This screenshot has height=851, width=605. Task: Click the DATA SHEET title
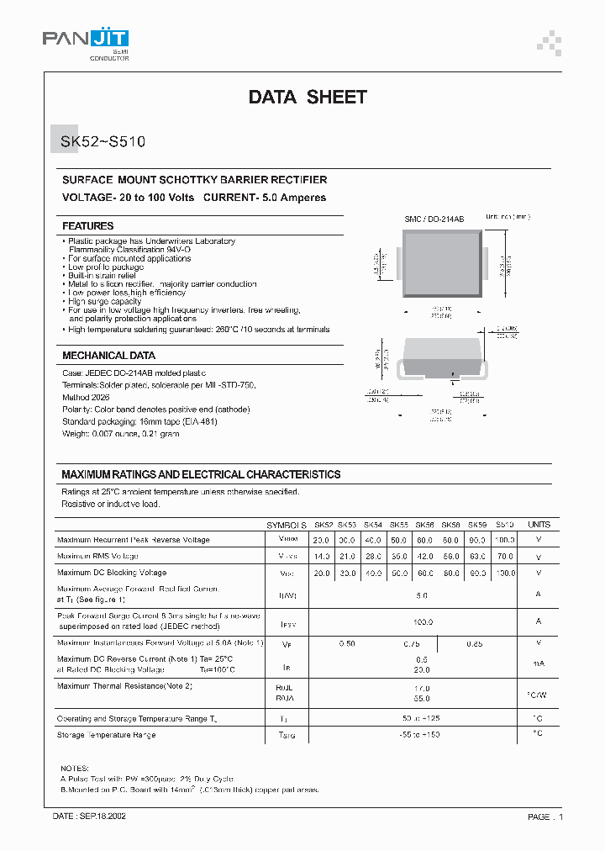[308, 97]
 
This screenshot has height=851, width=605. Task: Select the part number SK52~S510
[103, 142]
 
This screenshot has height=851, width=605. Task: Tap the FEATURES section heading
[87, 226]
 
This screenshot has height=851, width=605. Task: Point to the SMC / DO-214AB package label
[433, 219]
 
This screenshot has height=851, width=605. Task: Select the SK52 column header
[324, 524]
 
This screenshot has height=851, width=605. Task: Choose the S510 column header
[505, 524]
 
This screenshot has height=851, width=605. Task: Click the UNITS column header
[539, 524]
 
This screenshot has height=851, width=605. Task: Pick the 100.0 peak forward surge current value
[422, 621]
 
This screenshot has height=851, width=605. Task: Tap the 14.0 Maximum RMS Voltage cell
[321, 557]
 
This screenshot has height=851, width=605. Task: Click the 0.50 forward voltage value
[346, 643]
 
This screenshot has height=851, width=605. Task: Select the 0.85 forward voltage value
[475, 643]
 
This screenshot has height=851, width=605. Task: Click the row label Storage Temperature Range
[106, 735]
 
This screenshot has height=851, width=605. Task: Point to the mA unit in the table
[539, 663]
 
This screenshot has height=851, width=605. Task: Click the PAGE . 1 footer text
[545, 817]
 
